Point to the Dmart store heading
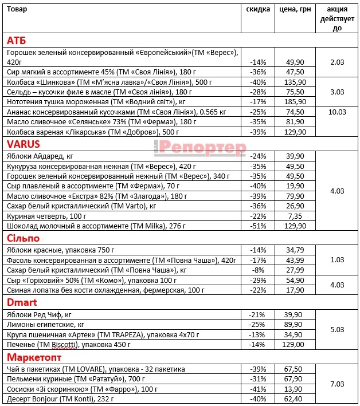tap(22, 302)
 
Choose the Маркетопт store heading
tap(33, 357)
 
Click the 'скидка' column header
tap(258, 10)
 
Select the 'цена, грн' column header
tap(295, 10)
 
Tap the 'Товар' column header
tap(17, 10)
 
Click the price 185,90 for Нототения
tap(295, 101)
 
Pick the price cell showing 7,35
tap(295, 216)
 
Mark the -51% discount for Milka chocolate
tap(258, 226)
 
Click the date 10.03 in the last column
tap(337, 112)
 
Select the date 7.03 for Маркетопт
tap(337, 383)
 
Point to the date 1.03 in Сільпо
tap(337, 259)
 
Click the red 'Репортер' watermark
tap(201, 148)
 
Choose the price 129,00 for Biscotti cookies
tap(295, 345)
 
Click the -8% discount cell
tap(258, 270)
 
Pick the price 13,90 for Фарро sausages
tap(295, 389)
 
